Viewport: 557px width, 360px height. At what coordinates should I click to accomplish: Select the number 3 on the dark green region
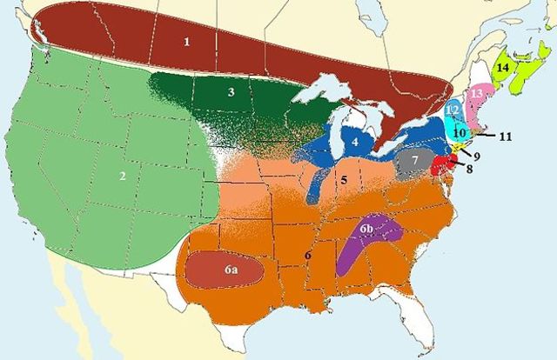click(x=231, y=91)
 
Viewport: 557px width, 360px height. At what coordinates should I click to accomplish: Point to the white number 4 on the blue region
click(x=356, y=139)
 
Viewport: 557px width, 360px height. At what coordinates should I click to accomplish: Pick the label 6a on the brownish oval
click(x=230, y=271)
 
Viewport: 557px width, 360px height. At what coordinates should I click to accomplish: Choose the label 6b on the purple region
click(x=367, y=229)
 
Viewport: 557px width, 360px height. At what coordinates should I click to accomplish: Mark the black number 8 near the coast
click(x=469, y=170)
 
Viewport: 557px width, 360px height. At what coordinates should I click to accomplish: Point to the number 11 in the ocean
click(x=507, y=137)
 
